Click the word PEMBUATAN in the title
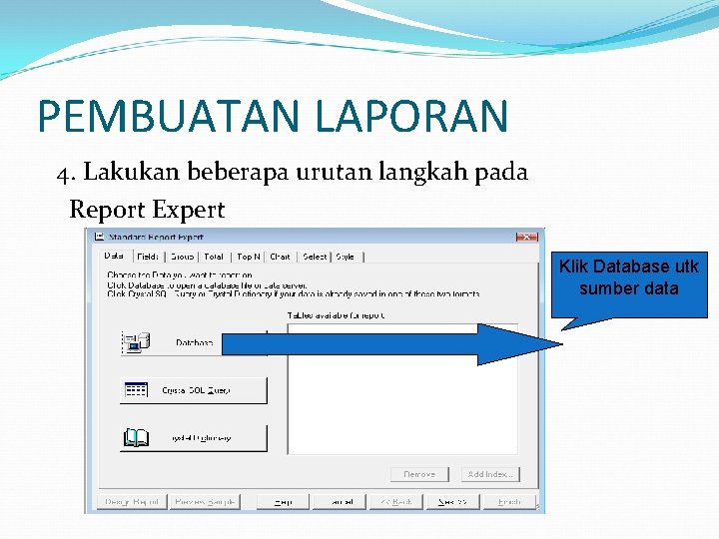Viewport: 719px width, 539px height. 170,117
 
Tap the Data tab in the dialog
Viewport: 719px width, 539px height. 114,257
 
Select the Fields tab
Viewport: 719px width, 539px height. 148,257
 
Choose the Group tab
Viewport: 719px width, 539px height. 182,257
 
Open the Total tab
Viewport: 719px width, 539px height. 214,257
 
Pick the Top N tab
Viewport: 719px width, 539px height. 249,257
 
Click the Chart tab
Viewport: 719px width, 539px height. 281,257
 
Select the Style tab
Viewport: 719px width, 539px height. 345,257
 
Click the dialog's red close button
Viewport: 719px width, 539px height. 525,237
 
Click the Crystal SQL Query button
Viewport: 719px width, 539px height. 194,390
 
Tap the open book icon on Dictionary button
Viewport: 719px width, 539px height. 135,437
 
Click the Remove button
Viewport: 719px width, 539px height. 419,474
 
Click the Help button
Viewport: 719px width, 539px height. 284,501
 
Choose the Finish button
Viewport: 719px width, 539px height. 510,501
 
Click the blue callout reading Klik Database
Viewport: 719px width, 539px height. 629,278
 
